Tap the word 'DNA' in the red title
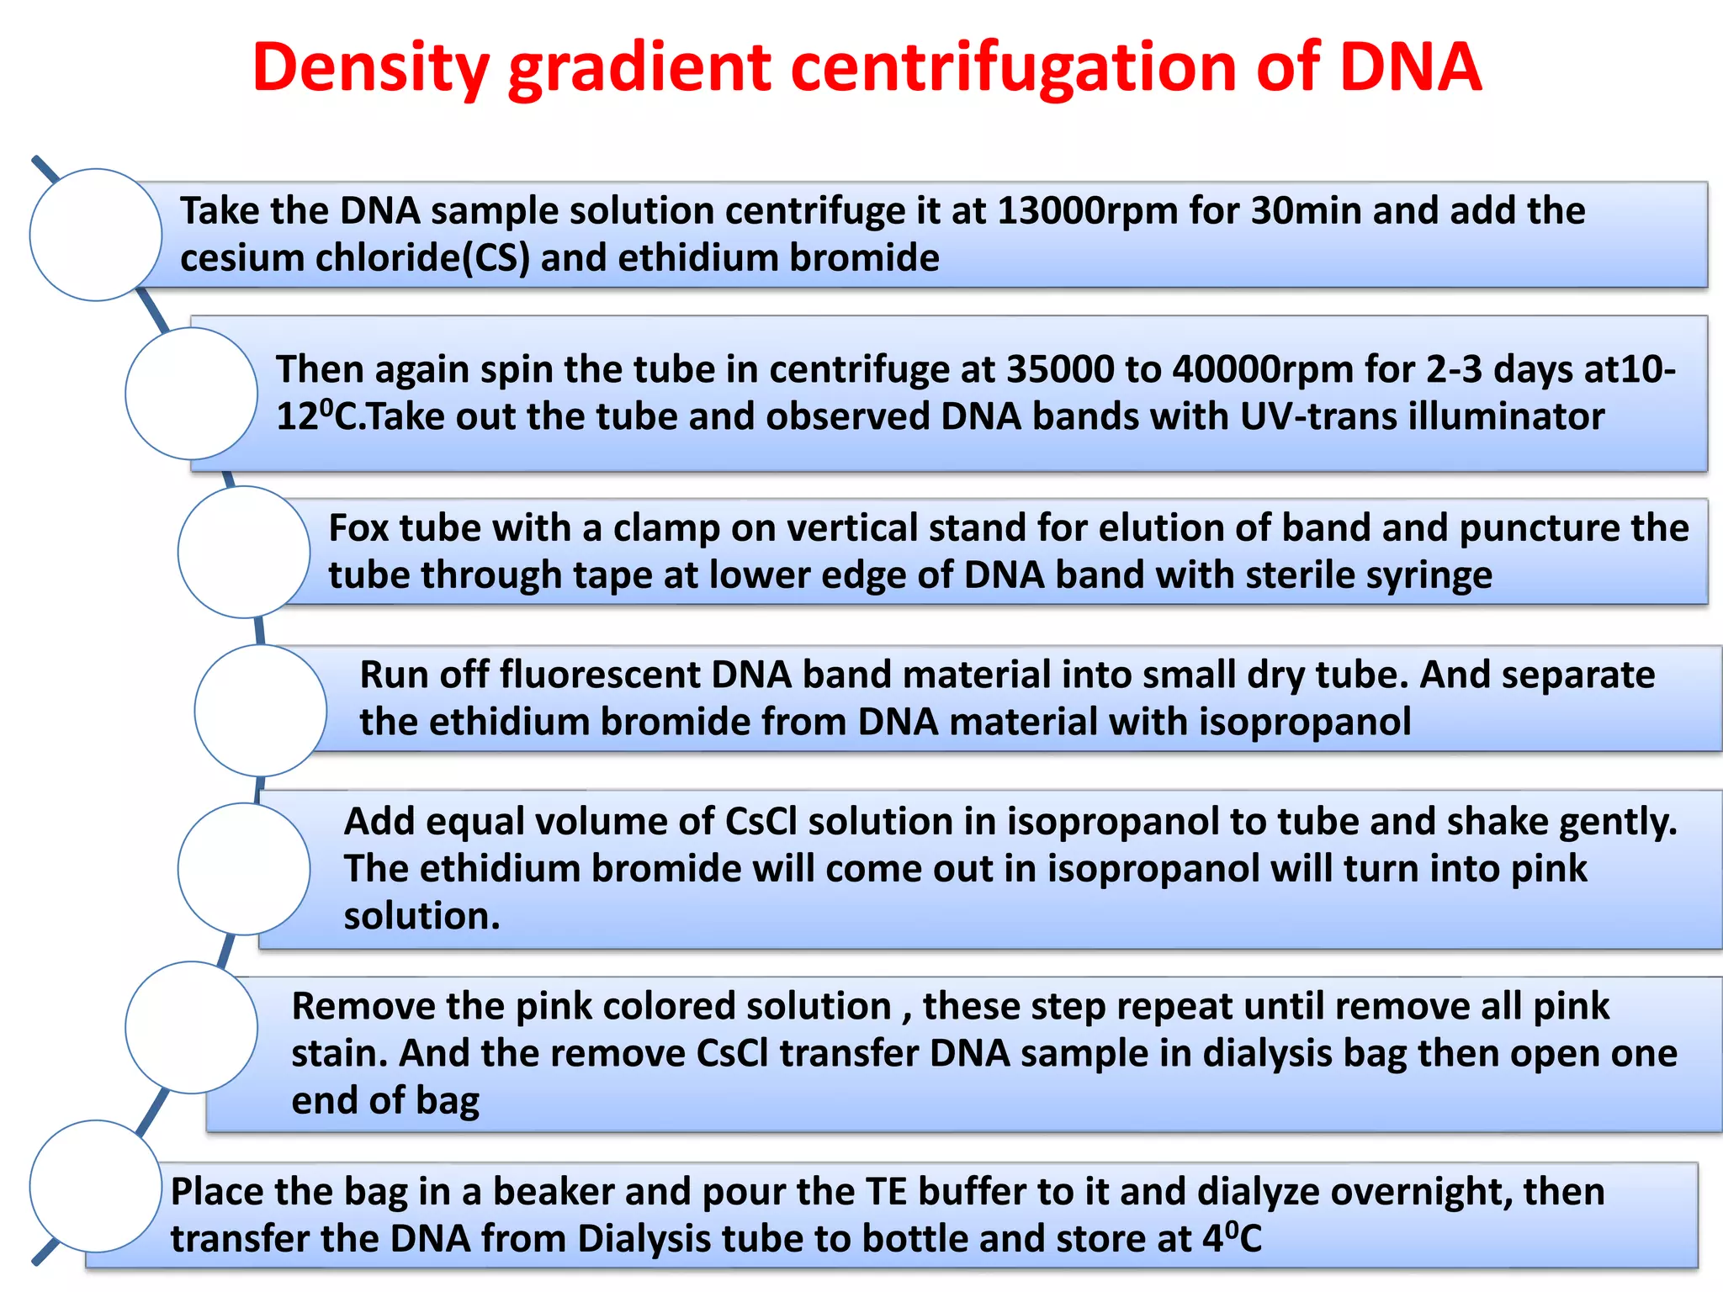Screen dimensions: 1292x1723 pos(1410,67)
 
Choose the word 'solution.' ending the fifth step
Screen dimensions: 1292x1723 pos(421,916)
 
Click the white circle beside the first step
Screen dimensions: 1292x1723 pos(96,235)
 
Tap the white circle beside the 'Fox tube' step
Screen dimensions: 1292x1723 pos(244,552)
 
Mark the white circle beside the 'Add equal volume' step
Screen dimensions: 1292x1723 pos(244,869)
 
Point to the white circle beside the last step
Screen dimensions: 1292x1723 pos(96,1186)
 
